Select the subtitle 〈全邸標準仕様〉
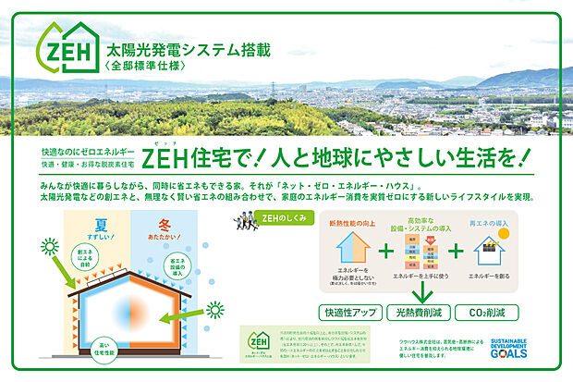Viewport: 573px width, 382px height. [148, 68]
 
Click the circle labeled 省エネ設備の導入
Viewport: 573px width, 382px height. [181, 266]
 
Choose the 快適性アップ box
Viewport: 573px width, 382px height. [348, 313]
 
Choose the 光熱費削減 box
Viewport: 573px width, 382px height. [418, 313]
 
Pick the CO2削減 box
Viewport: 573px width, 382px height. [486, 313]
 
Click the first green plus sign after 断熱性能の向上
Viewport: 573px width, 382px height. [384, 252]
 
